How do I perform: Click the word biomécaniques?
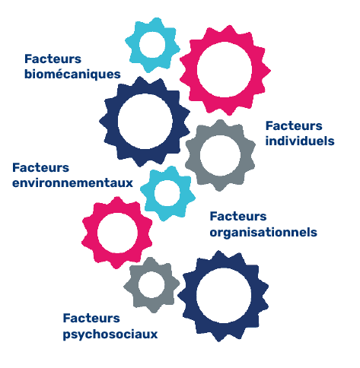click(x=72, y=75)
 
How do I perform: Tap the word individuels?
click(x=300, y=141)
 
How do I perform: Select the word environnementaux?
click(x=72, y=183)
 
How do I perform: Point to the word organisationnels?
click(x=263, y=233)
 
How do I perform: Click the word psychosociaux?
click(x=110, y=335)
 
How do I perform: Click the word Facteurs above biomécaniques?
click(x=53, y=59)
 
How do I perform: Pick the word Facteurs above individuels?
click(x=294, y=126)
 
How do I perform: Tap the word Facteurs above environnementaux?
click(x=40, y=168)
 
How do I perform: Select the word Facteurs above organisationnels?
click(x=238, y=217)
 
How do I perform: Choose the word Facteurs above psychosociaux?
click(x=91, y=319)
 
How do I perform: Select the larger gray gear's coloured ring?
click(x=193, y=155)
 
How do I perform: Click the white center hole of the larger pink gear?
click(x=225, y=70)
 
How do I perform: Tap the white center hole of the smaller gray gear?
click(x=151, y=285)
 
